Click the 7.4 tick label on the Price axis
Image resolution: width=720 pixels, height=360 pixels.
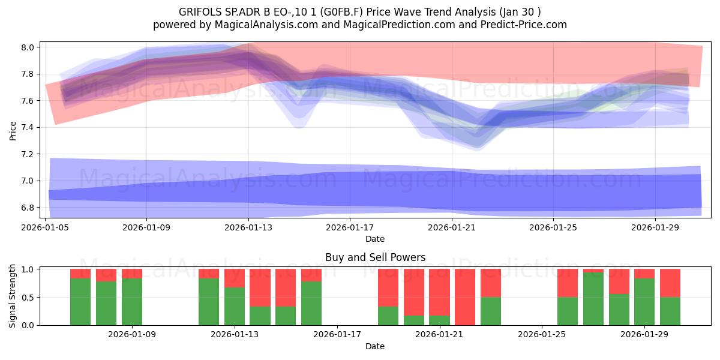pos(28,128)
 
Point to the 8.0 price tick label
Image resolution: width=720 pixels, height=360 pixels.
pos(28,47)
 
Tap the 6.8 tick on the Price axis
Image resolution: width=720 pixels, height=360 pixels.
pos(28,208)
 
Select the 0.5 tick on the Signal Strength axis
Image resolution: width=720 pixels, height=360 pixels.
pos(28,298)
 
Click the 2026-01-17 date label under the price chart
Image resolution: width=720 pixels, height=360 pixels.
pos(350,227)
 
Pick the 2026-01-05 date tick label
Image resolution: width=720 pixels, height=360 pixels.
pos(45,227)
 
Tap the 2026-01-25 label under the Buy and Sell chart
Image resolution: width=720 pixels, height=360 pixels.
pos(542,334)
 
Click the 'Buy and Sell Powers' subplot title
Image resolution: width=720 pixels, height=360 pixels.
pos(375,257)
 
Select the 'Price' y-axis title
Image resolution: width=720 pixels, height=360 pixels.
pos(13,131)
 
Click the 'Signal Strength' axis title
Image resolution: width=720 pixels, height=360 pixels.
pos(12,296)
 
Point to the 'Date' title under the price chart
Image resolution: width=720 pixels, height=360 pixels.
pos(375,239)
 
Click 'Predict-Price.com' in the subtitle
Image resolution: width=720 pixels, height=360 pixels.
pos(524,25)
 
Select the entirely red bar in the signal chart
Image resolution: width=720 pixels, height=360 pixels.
pos(465,297)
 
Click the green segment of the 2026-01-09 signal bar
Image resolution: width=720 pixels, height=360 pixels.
pos(132,302)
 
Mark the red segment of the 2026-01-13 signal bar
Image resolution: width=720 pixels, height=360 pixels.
pos(235,278)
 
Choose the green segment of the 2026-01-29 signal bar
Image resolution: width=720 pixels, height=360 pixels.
pos(644,302)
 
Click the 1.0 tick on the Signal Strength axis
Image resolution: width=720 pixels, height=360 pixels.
pos(28,269)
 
